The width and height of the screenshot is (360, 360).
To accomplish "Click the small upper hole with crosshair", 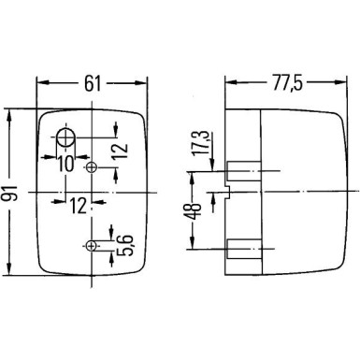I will point(92,168).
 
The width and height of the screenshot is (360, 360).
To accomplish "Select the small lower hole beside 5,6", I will point(91,246).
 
